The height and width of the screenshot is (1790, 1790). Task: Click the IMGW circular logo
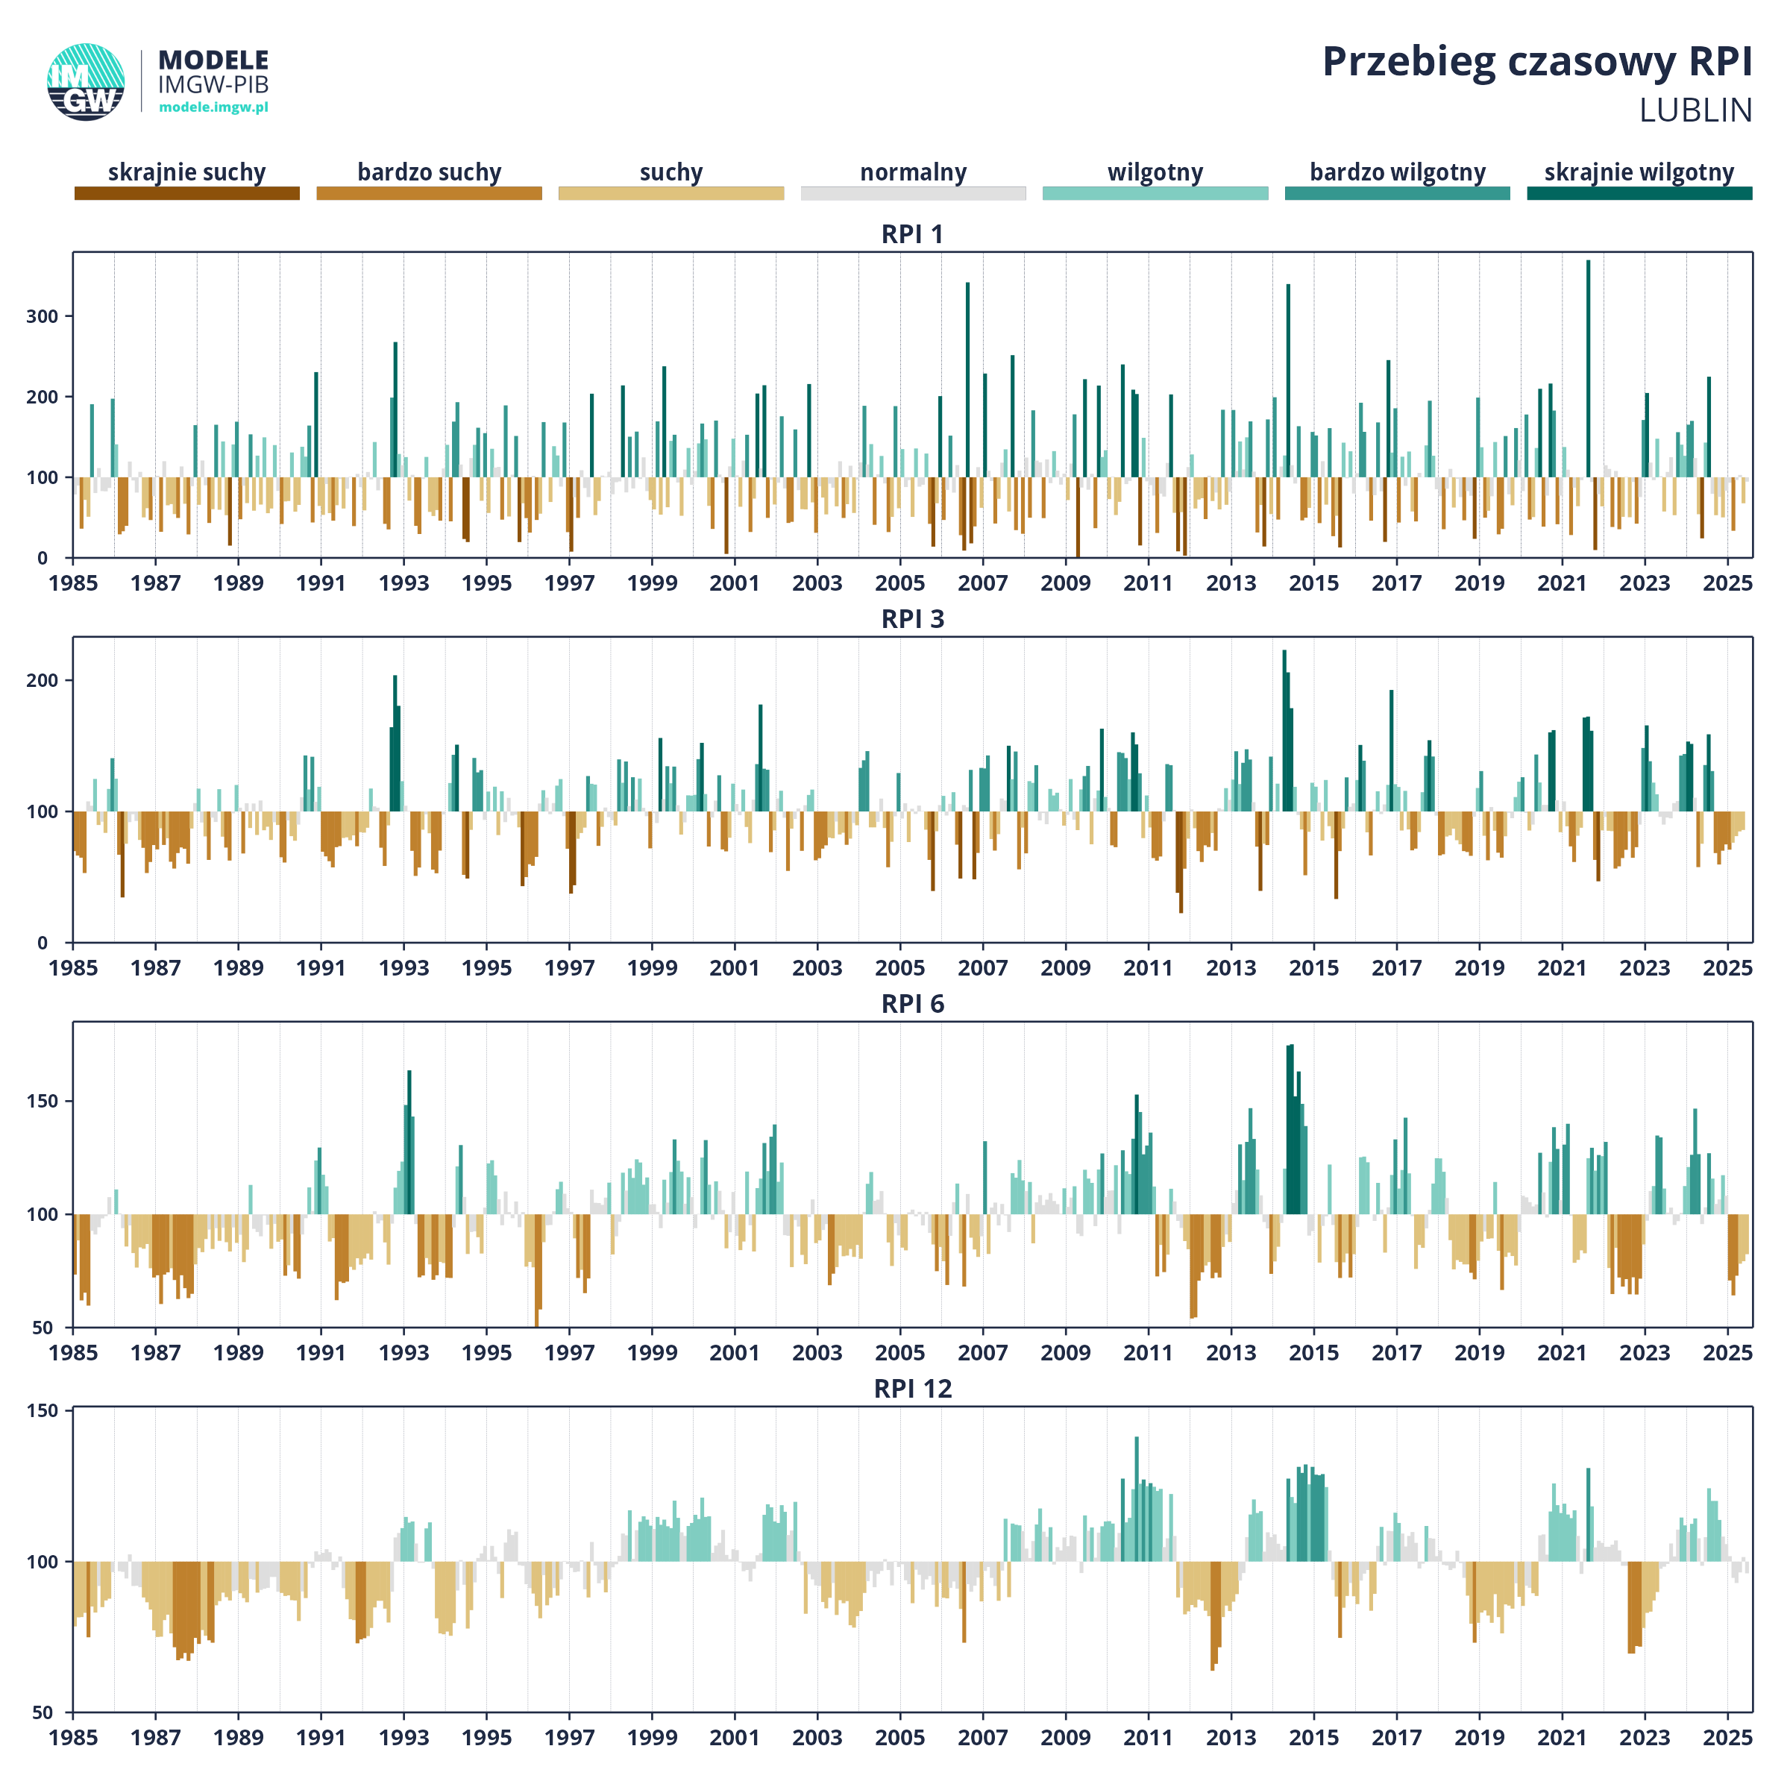85,81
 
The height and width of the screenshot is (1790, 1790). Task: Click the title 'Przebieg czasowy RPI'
1537,63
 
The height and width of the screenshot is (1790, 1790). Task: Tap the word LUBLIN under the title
1695,110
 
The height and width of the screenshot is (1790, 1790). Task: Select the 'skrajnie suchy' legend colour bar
187,192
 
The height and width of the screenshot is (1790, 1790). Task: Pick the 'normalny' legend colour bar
914,192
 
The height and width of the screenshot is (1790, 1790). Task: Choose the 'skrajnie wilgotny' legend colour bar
1640,192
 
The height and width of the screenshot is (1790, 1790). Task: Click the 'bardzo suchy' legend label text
429,172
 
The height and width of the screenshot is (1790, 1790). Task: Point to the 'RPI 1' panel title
913,234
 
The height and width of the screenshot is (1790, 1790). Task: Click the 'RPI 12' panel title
913,1389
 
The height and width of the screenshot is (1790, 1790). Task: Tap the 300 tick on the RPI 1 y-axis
42,316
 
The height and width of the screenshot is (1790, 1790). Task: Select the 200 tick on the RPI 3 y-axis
42,680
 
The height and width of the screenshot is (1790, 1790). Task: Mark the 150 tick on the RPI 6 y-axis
42,1101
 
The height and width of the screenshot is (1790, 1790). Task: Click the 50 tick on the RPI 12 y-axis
43,1712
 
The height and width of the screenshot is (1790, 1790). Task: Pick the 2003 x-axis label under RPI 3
817,968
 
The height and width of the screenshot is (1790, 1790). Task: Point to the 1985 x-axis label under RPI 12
73,1738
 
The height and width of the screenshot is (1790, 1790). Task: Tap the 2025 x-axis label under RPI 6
1728,1353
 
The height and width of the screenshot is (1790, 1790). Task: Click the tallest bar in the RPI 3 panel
1284,730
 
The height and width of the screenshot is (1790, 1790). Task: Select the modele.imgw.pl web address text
213,107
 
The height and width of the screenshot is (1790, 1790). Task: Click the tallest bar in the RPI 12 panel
1137,1499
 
